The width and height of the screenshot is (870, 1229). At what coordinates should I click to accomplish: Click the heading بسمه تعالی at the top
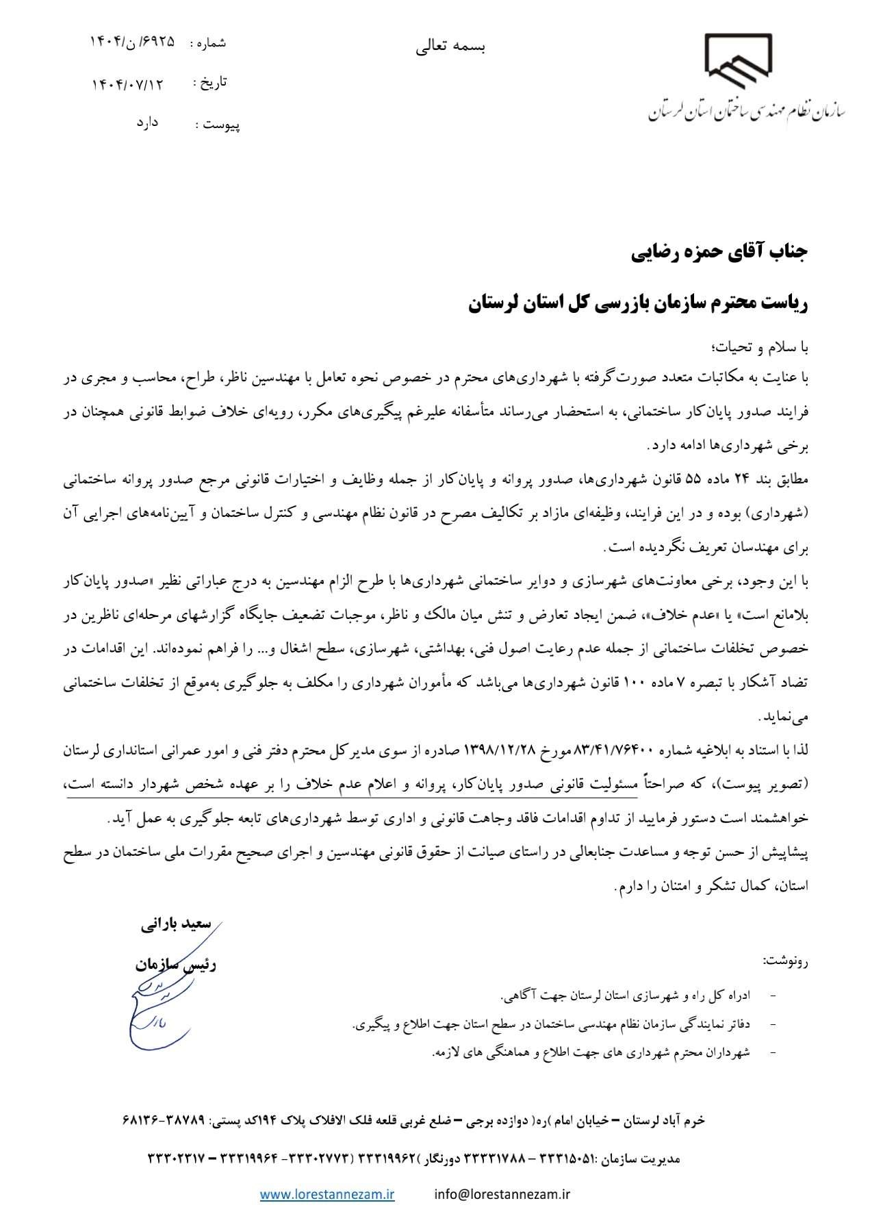[452, 47]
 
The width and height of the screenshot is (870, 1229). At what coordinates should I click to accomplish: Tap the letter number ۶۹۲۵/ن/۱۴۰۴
[131, 42]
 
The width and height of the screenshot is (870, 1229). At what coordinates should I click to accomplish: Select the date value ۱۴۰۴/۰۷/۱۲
[129, 84]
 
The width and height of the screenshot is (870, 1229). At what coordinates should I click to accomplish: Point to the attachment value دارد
[147, 123]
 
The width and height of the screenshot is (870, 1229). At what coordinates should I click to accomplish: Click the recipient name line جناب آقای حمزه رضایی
[719, 253]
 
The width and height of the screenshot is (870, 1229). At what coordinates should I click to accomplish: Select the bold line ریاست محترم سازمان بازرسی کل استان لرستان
[639, 304]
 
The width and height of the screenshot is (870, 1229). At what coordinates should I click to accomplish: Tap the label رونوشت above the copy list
[786, 961]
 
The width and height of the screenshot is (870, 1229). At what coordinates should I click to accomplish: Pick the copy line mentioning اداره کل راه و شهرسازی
[626, 994]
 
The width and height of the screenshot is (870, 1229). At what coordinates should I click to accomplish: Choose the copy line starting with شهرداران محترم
[592, 1052]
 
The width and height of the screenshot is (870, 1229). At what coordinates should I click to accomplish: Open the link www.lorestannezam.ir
[327, 1195]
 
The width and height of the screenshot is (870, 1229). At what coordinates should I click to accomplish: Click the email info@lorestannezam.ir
[502, 1195]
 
